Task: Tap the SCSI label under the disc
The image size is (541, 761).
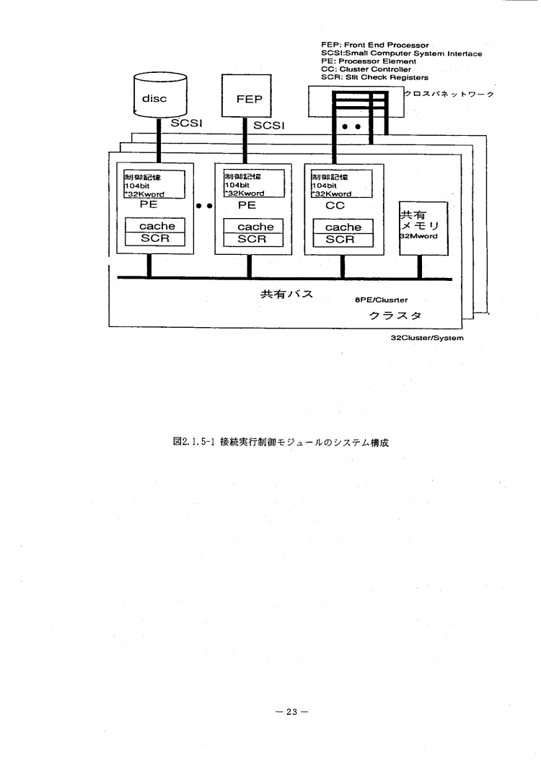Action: click(x=185, y=123)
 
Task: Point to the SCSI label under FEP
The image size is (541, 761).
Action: click(x=269, y=126)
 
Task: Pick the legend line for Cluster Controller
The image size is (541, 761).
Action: click(x=369, y=69)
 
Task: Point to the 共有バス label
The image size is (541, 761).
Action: click(x=286, y=295)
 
